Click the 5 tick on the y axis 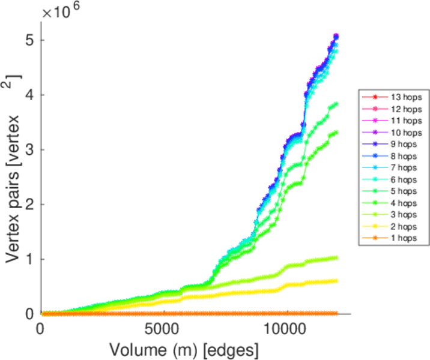(x=29, y=40)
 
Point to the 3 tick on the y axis (x=29, y=149)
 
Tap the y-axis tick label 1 (x=29, y=259)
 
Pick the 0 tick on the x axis (x=41, y=330)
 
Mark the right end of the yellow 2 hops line (x=336, y=281)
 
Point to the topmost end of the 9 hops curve (x=336, y=36)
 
